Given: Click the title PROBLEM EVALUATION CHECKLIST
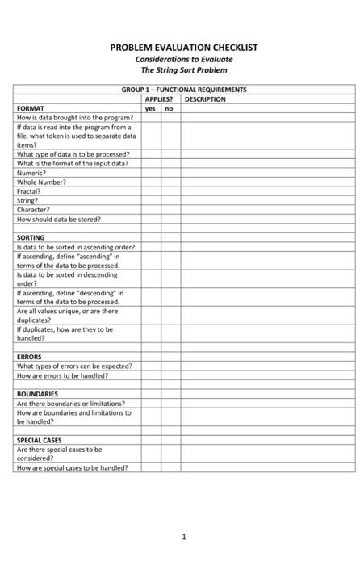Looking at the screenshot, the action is pyautogui.click(x=184, y=48).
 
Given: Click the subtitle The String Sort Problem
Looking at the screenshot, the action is pyautogui.click(x=184, y=69).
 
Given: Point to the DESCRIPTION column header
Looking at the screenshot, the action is pyautogui.click(x=205, y=98).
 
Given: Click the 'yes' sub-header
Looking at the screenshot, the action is pyautogui.click(x=150, y=107).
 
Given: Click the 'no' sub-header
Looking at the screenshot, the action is pyautogui.click(x=169, y=107).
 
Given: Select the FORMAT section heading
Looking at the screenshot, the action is pyautogui.click(x=31, y=107).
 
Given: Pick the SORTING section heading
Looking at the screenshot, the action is pyautogui.click(x=31, y=238).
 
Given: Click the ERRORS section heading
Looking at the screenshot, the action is pyautogui.click(x=29, y=356).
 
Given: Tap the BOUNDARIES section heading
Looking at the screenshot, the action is pyautogui.click(x=37, y=394).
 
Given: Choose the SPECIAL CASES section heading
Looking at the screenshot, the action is pyautogui.click(x=40, y=440).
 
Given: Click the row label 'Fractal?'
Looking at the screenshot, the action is pyautogui.click(x=29, y=191).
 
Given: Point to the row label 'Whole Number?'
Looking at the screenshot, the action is pyautogui.click(x=41, y=182).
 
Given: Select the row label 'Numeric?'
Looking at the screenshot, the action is pyautogui.click(x=31, y=173).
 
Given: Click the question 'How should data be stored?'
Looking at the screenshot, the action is pyautogui.click(x=59, y=219).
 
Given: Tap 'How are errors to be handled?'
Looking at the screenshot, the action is pyautogui.click(x=62, y=375).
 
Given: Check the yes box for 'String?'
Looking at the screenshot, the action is pyautogui.click(x=150, y=200).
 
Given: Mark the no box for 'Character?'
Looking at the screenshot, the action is pyautogui.click(x=170, y=210).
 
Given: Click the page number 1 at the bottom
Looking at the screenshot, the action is pyautogui.click(x=184, y=536).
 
